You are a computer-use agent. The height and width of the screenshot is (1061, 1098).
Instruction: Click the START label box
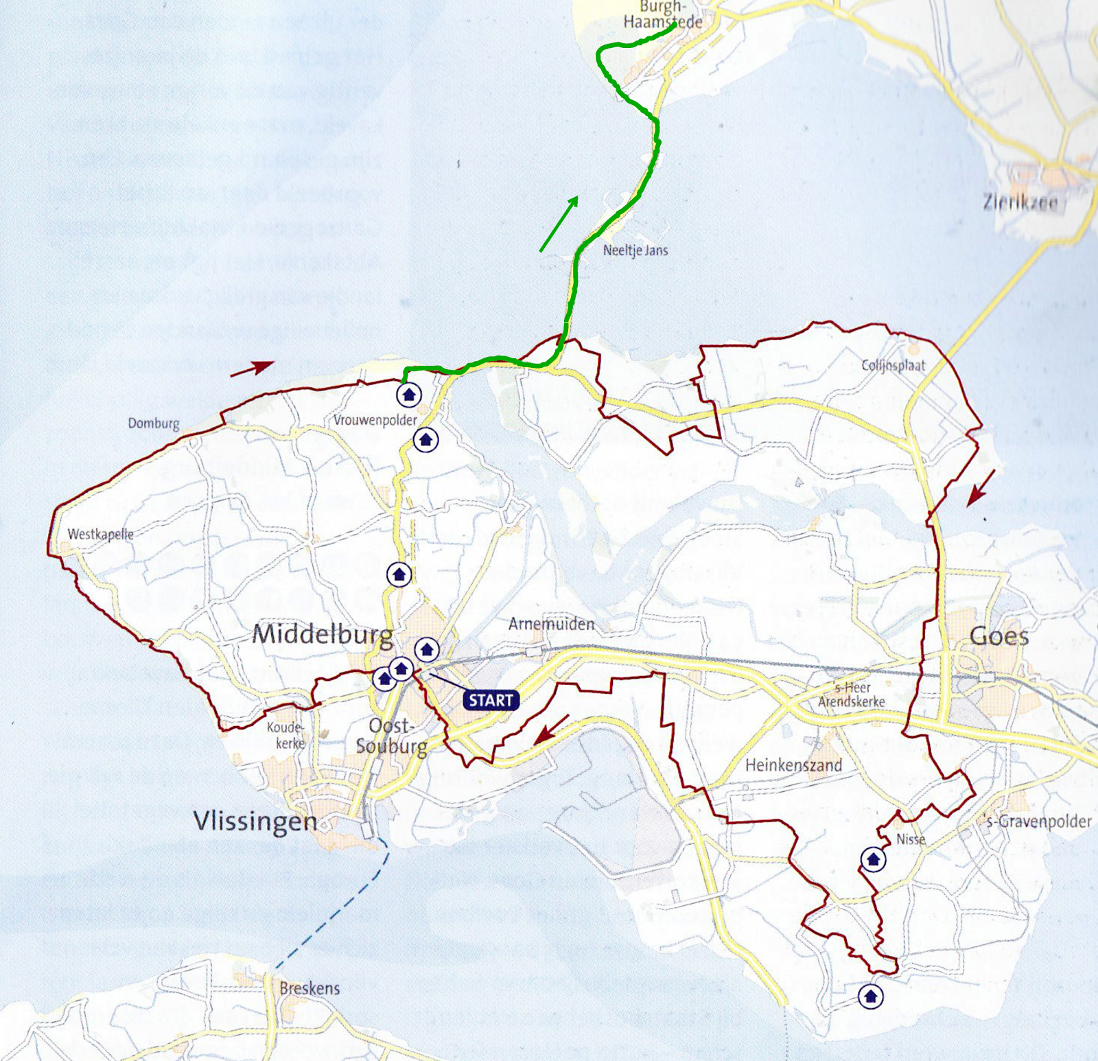tap(491, 700)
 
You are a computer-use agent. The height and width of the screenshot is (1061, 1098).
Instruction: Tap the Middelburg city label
tap(323, 634)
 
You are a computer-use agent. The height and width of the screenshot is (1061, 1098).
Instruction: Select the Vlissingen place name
tap(255, 821)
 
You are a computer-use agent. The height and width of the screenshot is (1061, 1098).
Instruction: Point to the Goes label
tap(999, 637)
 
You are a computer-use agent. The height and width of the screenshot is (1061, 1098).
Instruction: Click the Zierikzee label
tap(1019, 202)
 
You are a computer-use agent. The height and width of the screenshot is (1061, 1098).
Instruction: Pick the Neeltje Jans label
tap(635, 250)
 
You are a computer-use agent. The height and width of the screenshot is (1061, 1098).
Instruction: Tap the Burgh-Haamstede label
tap(662, 15)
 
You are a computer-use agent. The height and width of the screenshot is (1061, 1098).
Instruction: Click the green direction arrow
tap(559, 223)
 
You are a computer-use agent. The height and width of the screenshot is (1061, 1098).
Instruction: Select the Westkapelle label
tap(101, 534)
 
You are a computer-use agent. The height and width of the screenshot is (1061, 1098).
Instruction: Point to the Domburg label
tap(154, 423)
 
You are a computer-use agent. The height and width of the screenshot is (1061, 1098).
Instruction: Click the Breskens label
tap(309, 988)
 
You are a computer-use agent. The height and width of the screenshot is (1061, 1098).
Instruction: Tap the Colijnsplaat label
tap(893, 365)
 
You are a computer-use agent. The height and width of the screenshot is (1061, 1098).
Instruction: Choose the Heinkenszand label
tap(793, 765)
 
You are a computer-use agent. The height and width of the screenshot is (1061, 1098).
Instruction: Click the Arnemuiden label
tap(551, 624)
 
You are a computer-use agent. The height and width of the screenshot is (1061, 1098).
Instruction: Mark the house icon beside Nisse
tap(873, 859)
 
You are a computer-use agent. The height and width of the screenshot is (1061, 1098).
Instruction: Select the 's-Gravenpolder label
tap(1037, 821)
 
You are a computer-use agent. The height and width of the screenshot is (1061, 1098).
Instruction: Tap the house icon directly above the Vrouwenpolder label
tap(410, 394)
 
